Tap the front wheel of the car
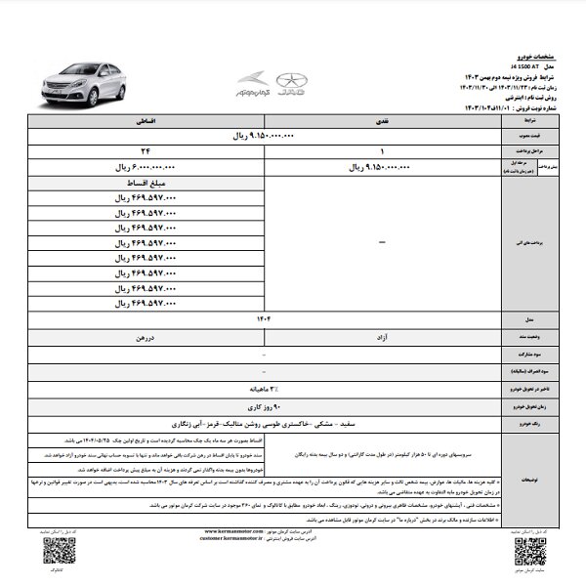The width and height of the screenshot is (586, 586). tap(60, 98)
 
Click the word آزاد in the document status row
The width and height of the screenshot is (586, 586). tap(384, 335)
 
